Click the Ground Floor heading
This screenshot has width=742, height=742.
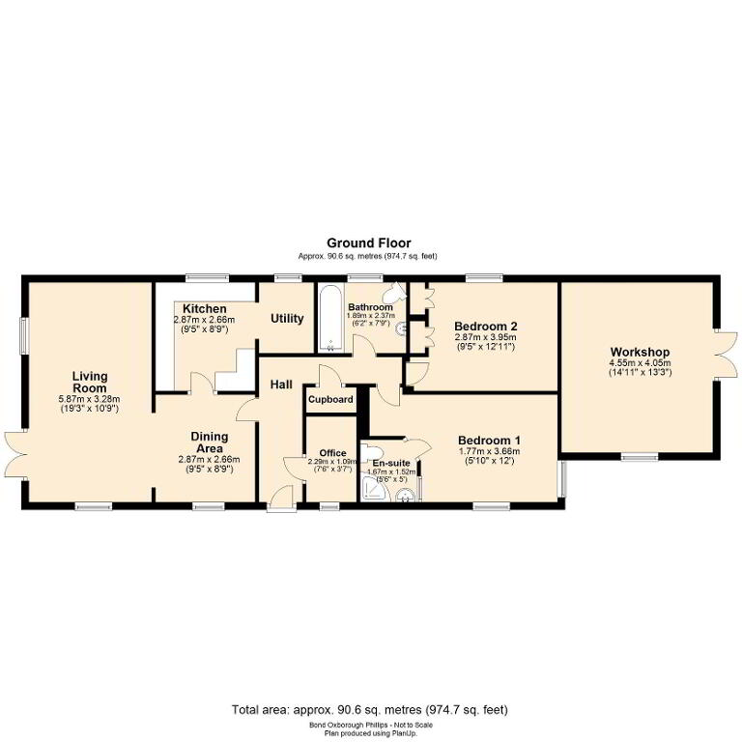coord(369,243)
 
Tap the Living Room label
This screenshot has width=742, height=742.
coord(90,382)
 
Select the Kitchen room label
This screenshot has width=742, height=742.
coord(205,309)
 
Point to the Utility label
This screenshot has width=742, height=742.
coord(287,319)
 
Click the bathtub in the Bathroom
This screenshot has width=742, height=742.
coord(330,318)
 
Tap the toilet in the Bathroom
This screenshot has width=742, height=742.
coord(394,294)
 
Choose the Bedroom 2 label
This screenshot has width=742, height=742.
coord(486,326)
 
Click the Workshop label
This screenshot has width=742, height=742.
coord(640,352)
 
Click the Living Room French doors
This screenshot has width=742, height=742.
coord(16,455)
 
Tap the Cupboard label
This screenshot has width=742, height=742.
coord(330,399)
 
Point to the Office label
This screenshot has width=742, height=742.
coord(332,453)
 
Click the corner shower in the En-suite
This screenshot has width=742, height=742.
coord(374,489)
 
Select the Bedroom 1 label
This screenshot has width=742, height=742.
coord(489,441)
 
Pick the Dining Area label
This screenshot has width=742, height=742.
coord(209,442)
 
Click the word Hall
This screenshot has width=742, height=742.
coord(281,385)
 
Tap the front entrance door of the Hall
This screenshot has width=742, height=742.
coord(282,499)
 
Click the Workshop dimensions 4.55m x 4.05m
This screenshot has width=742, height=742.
coord(640,363)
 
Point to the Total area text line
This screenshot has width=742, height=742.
coord(370,710)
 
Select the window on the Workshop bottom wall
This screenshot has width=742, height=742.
coord(640,457)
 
